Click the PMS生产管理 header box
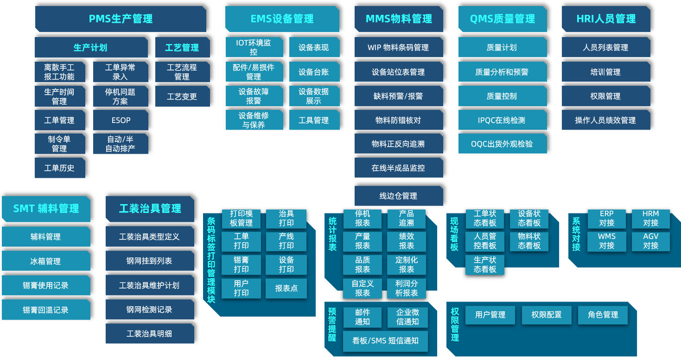(x=121, y=19)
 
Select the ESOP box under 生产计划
(x=121, y=120)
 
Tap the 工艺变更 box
(x=182, y=96)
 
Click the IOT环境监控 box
(x=254, y=47)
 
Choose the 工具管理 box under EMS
(x=314, y=120)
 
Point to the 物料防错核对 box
(x=398, y=120)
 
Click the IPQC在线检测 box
(x=502, y=120)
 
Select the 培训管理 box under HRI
(x=605, y=72)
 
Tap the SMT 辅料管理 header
(x=46, y=209)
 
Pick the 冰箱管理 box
(x=45, y=261)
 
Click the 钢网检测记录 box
(x=149, y=309)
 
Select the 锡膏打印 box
(x=241, y=264)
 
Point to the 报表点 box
(x=286, y=288)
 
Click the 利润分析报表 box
(x=407, y=288)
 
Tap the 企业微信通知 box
(x=407, y=317)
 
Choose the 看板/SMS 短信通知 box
(x=385, y=341)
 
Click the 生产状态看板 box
(x=485, y=265)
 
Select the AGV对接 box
(x=651, y=241)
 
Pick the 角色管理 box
(x=603, y=315)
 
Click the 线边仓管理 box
(x=398, y=196)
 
